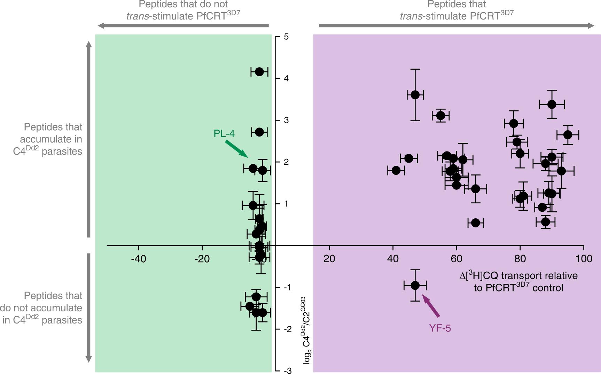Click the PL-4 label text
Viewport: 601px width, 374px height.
pos(224,134)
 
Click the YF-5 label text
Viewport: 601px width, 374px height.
pos(440,328)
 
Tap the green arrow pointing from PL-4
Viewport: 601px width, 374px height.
pos(236,149)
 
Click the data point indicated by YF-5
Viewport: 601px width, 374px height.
pos(415,285)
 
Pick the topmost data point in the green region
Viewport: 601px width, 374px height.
pos(259,72)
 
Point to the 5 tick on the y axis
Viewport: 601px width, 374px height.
pos(286,37)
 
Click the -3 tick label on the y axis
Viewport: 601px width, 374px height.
pos(287,371)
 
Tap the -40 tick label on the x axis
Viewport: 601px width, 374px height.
pos(138,259)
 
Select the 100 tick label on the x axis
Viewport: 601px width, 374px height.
pos(584,259)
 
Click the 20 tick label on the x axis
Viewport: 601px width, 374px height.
pos(329,259)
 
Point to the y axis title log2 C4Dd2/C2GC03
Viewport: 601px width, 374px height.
pos(306,330)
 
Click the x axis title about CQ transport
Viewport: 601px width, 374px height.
pos(518,282)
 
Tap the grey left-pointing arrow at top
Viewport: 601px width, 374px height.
pos(183,25)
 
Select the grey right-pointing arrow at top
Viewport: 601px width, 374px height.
pos(456,25)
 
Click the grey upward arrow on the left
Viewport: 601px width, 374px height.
pos(89,139)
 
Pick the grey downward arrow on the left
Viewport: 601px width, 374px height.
pos(89,308)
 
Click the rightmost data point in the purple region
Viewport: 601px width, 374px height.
pos(568,134)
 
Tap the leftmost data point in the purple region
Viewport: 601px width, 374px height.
pos(396,170)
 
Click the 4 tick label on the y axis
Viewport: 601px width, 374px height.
pos(286,78)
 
